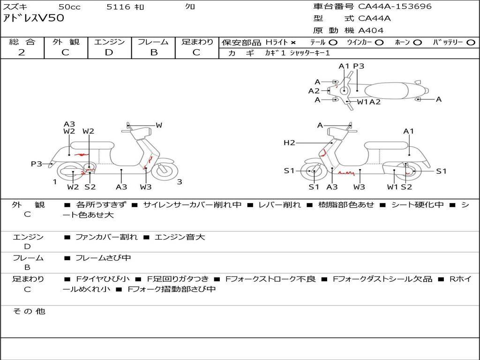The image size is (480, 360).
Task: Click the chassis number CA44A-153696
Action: (395, 7)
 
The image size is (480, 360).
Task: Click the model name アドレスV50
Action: (33, 19)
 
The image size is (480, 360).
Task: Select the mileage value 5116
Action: (118, 7)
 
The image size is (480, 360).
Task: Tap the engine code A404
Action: (371, 30)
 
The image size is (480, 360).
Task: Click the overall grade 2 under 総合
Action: (22, 52)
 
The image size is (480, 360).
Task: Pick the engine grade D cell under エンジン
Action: (109, 52)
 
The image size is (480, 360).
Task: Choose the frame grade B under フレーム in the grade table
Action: (153, 52)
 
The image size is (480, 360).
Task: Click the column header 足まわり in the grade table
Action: (197, 42)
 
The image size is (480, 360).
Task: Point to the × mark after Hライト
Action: (293, 43)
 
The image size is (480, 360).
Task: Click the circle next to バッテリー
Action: (471, 43)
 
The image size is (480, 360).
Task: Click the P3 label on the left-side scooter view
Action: (37, 164)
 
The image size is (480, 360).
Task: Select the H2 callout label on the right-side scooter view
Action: (289, 143)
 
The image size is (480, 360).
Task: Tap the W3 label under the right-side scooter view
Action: (359, 187)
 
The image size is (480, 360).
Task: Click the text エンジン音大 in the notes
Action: (180, 237)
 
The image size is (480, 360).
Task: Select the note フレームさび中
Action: (103, 258)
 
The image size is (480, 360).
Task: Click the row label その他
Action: (29, 311)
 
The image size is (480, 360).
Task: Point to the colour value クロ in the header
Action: (190, 7)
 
